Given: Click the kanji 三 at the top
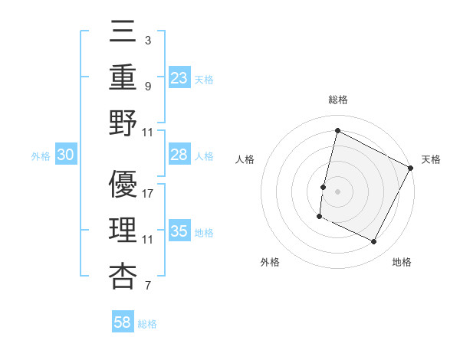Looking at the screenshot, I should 123,31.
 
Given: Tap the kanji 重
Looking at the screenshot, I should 123,77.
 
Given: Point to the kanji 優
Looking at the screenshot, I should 123,185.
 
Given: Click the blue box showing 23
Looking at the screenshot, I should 179,77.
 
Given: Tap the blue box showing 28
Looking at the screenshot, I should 179,155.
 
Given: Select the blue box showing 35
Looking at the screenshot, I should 179,231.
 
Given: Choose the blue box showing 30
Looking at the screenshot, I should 66,155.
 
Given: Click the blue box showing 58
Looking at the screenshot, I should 123,322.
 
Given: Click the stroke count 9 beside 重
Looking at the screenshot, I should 147,86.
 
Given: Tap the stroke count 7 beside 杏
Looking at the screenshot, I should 147,286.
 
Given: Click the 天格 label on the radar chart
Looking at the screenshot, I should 431,159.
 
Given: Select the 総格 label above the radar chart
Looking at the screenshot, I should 337,100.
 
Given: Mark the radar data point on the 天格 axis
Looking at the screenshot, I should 411,168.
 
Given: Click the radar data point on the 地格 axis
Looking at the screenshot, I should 374,242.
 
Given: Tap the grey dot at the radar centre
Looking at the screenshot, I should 337,191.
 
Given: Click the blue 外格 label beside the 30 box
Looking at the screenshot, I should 41,156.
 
